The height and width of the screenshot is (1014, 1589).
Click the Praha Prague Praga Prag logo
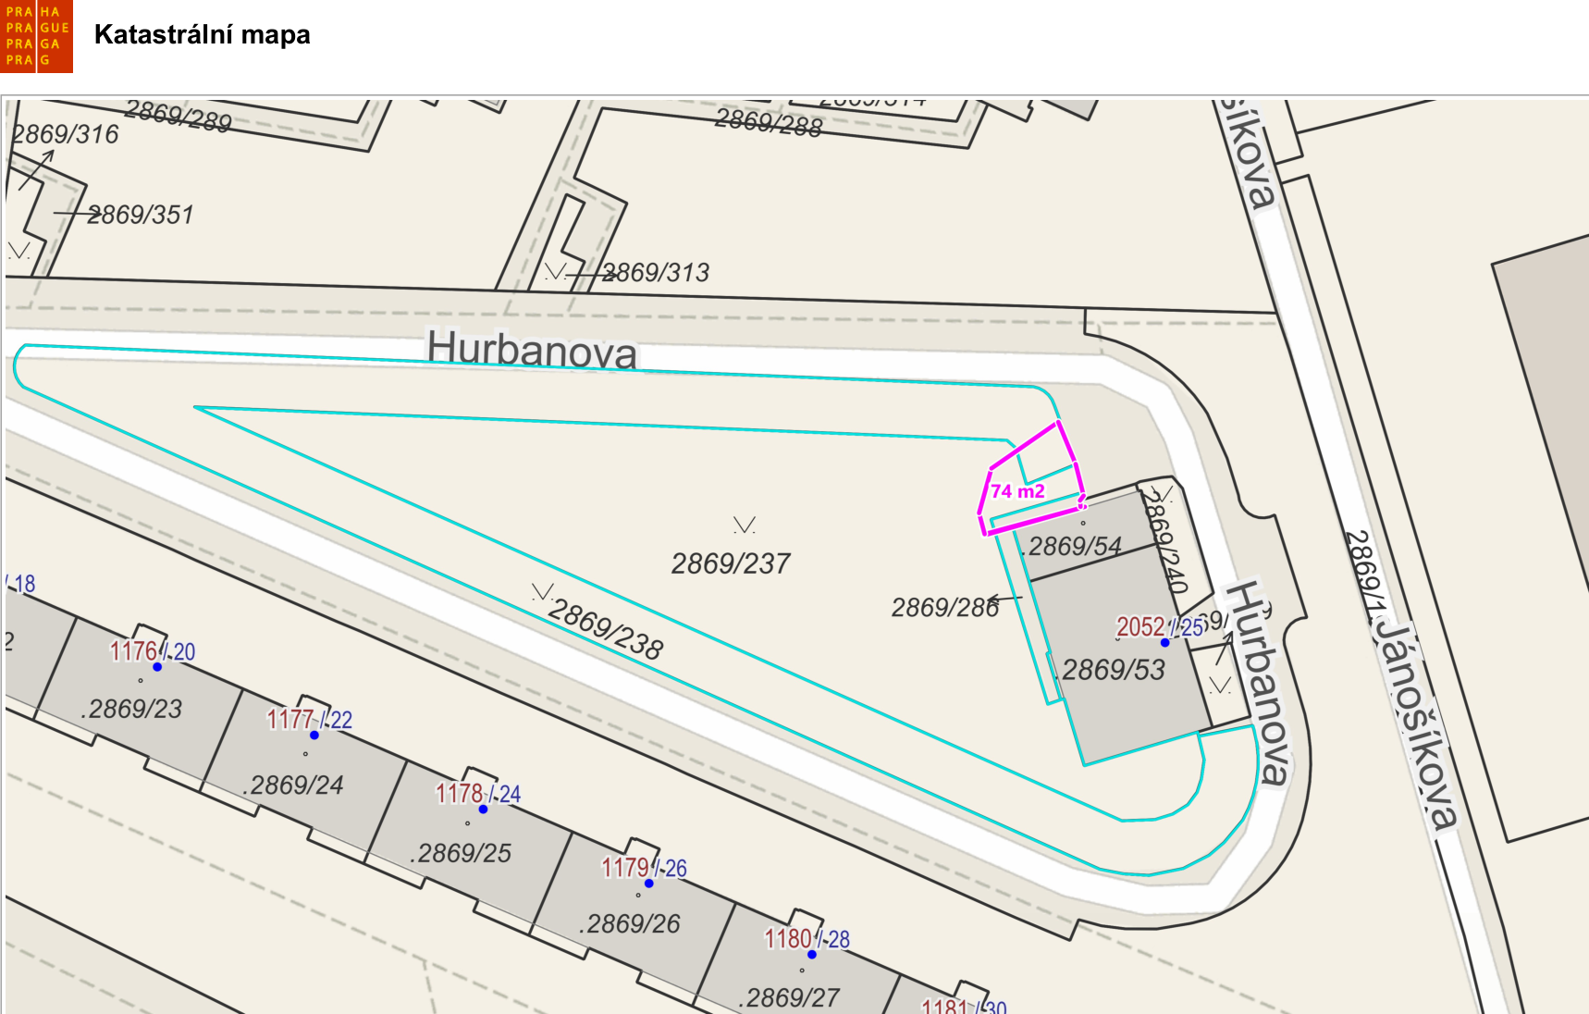pos(37,36)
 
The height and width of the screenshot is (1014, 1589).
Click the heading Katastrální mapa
pos(202,35)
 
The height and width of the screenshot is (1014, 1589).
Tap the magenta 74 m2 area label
pos(1017,491)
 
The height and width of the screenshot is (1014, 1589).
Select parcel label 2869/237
pos(731,563)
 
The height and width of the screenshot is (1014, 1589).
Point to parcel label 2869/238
pos(606,629)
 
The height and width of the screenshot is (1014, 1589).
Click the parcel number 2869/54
pos(1075,546)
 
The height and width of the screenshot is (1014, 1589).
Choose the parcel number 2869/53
pos(1114,670)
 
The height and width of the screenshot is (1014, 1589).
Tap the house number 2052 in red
pos(1140,627)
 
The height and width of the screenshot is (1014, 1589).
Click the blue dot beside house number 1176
pos(157,666)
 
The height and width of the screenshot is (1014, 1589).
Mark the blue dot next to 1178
pos(483,809)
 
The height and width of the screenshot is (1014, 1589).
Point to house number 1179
pos(625,868)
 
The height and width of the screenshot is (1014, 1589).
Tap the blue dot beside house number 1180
pos(812,954)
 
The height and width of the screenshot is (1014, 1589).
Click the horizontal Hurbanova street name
pos(532,350)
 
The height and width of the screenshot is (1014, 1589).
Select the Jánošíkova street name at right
pos(1415,722)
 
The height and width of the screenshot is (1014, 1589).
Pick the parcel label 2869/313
pos(656,273)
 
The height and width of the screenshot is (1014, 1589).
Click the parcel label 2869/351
pos(141,215)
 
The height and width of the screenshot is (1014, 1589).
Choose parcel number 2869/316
pos(66,134)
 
